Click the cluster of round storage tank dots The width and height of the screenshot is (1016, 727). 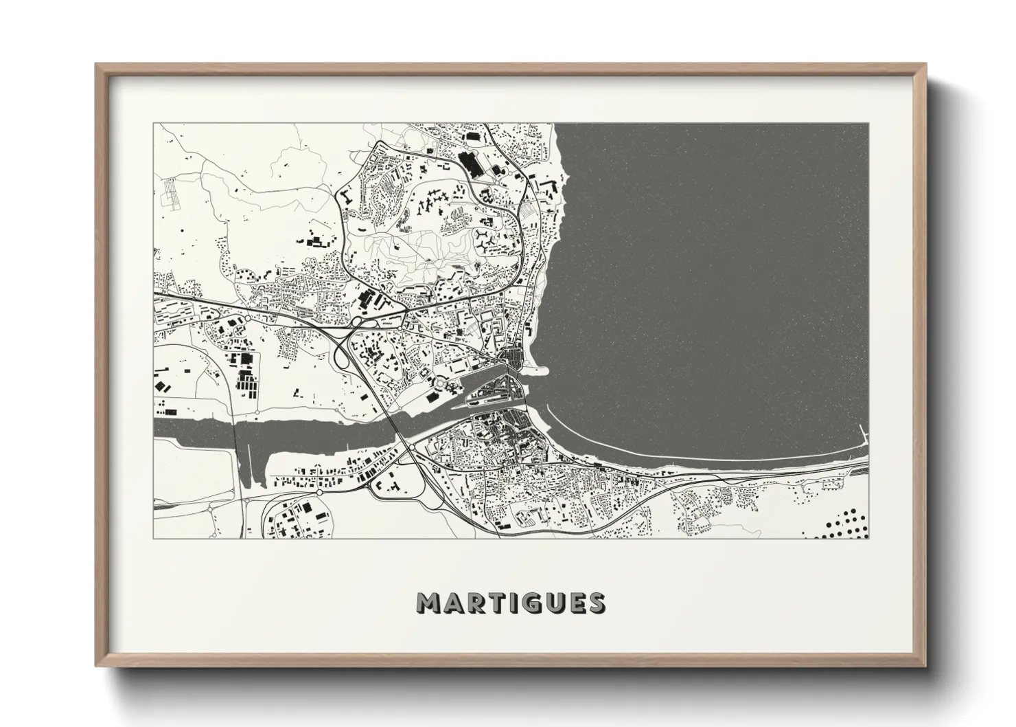coord(844,522)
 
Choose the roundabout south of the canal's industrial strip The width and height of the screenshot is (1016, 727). coord(319,492)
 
